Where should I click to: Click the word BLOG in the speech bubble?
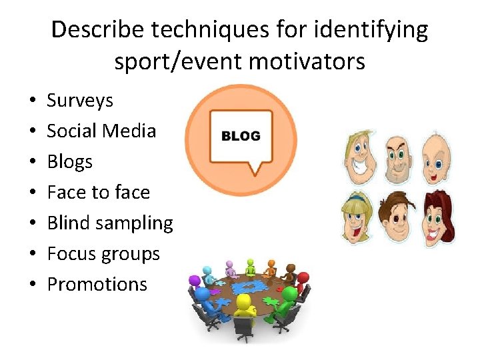pyautogui.click(x=241, y=136)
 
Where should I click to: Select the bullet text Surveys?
pyautogui.click(x=80, y=101)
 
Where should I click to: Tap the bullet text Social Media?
pyautogui.click(x=101, y=131)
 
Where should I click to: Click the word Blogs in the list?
pyautogui.click(x=69, y=162)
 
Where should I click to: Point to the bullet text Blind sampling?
pyautogui.click(x=110, y=223)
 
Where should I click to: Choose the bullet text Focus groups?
pyautogui.click(x=103, y=254)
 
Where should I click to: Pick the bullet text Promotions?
pyautogui.click(x=97, y=284)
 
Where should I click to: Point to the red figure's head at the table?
pyautogui.click(x=303, y=278)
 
